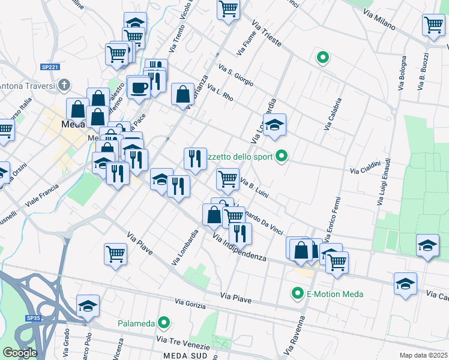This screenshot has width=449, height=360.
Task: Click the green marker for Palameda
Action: pyautogui.click(x=161, y=323)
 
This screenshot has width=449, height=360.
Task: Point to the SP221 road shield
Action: pyautogui.click(x=50, y=69)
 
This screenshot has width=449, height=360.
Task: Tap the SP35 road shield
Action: pyautogui.click(x=32, y=317)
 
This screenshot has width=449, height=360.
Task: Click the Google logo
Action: pyautogui.click(x=19, y=353)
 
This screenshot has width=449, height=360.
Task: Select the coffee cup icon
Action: pyautogui.click(x=139, y=87)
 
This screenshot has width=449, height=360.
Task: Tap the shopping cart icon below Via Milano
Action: pyautogui.click(x=433, y=25)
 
